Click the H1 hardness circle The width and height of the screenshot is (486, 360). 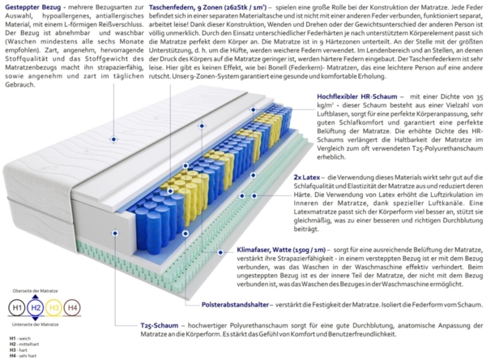click(15, 308)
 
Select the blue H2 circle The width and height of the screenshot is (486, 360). click(35, 308)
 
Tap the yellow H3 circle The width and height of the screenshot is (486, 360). click(54, 308)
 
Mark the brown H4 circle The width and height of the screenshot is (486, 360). click(73, 308)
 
